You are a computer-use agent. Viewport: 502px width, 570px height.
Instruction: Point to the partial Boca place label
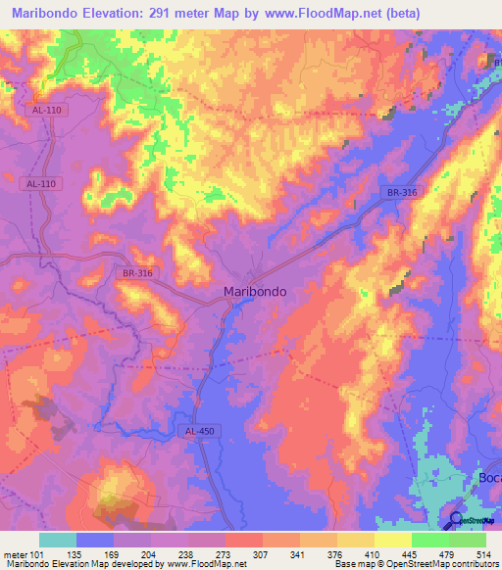pos(489,477)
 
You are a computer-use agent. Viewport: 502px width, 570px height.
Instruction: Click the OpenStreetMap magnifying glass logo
pos(456,522)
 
